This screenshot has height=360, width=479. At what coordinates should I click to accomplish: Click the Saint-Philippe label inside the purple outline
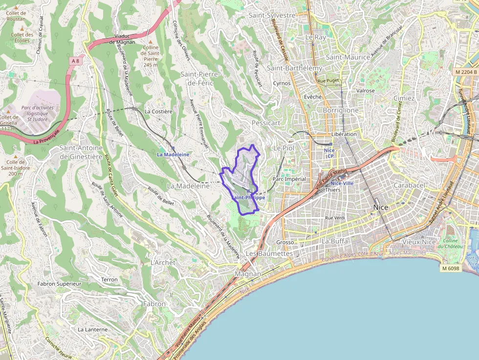tap(248, 198)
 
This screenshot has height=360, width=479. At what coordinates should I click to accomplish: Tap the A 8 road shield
tap(75, 61)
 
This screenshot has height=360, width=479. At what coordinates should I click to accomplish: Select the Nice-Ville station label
tap(342, 183)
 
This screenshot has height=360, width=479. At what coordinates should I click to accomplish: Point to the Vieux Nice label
tap(418, 242)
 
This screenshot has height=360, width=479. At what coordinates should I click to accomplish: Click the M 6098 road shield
tap(450, 268)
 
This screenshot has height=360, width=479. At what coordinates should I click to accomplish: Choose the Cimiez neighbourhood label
tap(404, 98)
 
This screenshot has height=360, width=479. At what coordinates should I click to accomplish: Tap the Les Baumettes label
tap(269, 254)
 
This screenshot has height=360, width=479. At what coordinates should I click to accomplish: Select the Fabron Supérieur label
tap(59, 284)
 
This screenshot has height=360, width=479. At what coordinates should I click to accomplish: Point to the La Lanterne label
tap(92, 330)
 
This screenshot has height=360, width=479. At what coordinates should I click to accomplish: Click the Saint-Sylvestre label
tap(272, 15)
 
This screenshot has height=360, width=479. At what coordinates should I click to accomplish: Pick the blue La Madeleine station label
tap(173, 154)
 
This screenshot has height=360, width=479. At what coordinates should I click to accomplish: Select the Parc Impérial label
tap(289, 179)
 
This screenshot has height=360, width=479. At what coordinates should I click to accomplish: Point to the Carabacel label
tap(409, 186)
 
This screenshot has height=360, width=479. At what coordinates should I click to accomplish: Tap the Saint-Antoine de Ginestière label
tap(81, 152)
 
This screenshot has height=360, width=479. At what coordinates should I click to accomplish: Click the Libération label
tap(344, 134)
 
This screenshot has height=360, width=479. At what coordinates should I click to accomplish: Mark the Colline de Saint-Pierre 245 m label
tap(151, 56)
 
